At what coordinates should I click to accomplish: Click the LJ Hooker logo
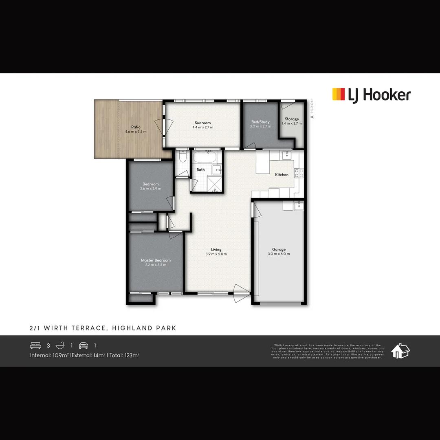coord(371,95)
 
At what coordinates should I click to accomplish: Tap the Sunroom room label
coord(202,123)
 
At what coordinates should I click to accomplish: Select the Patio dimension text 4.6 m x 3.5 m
coord(136,132)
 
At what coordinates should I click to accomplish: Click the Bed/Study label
coord(260,122)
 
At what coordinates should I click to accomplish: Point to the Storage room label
coord(292,119)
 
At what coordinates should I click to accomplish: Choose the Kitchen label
coord(282,175)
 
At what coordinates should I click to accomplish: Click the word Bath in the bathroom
coord(200,170)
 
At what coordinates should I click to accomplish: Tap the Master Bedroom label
coord(156,260)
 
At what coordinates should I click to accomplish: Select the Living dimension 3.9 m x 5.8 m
coord(216,254)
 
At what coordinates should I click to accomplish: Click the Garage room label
coord(279,249)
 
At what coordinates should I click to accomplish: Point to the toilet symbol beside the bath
coord(183,156)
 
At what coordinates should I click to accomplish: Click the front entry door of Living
coord(241,293)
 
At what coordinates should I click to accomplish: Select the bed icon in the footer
coord(36,345)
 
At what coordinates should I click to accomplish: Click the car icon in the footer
coord(84,345)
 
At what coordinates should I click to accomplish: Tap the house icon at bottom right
coord(400,351)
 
